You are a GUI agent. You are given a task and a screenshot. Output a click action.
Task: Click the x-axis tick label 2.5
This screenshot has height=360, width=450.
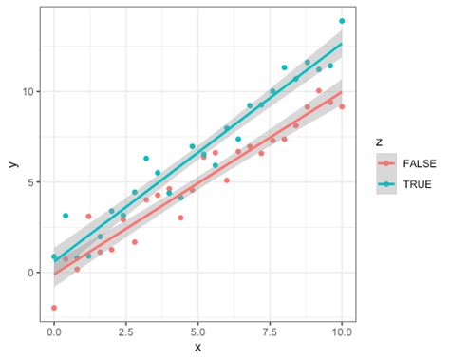[x=126, y=333]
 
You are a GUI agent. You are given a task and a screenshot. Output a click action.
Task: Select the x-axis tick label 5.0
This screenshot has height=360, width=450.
[x=197, y=333]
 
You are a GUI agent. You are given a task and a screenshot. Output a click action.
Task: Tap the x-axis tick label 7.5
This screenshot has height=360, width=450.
[x=270, y=333]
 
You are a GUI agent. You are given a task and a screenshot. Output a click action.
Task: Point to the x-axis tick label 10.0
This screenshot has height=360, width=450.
[x=341, y=333]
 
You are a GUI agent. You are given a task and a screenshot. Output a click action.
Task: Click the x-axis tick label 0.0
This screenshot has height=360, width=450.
[x=54, y=333]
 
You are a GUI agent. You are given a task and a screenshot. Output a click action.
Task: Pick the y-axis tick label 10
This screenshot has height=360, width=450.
[x=30, y=91]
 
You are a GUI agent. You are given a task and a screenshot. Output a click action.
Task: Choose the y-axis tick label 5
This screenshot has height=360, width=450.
[x=33, y=181]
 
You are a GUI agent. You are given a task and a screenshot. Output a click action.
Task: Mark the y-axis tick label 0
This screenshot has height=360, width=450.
[x=33, y=273]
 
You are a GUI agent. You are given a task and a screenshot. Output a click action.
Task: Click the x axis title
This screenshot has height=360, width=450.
[x=197, y=349]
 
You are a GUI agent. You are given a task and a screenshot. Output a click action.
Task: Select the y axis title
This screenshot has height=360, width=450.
[x=12, y=163]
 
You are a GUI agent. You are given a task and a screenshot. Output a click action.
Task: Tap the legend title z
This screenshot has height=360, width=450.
[x=379, y=142]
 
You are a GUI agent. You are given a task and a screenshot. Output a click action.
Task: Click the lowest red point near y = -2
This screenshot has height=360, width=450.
[x=54, y=308]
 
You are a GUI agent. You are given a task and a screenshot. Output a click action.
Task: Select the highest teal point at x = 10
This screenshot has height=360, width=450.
[x=342, y=21]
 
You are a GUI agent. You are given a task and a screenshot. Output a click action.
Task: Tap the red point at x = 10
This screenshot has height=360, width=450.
[x=342, y=106]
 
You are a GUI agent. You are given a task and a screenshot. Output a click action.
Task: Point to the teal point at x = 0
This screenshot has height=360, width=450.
[x=54, y=256]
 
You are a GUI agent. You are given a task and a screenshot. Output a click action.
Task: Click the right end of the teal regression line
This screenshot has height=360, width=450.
[x=342, y=44]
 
